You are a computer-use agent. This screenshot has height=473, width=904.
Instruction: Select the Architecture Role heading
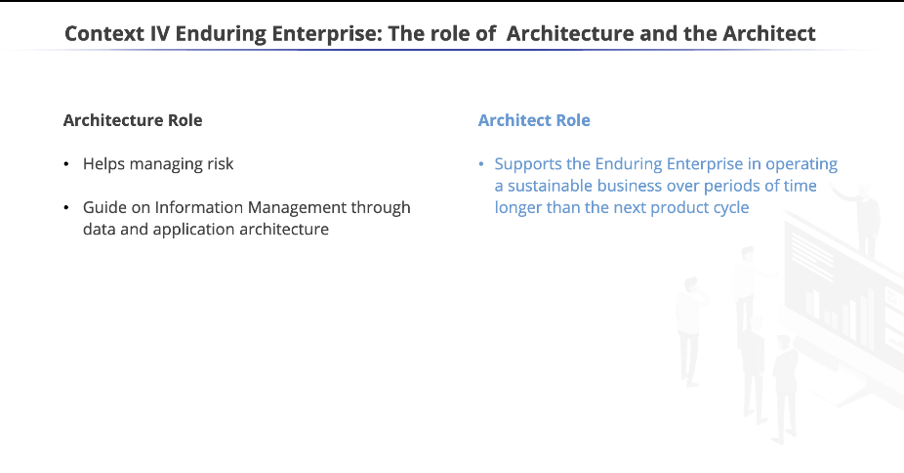pyautogui.click(x=133, y=120)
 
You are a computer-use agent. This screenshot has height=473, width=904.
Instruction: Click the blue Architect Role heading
pyautogui.click(x=534, y=120)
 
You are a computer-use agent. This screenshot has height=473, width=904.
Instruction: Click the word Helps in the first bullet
pyautogui.click(x=103, y=164)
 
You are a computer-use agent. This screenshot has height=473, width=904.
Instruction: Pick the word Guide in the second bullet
pyautogui.click(x=104, y=207)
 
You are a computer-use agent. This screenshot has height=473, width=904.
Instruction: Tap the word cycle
pyautogui.click(x=729, y=207)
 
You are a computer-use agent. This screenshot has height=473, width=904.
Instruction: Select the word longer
pyautogui.click(x=517, y=207)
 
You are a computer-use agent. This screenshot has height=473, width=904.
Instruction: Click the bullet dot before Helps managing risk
pyautogui.click(x=66, y=165)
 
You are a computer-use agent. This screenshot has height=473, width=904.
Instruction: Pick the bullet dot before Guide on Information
pyautogui.click(x=66, y=208)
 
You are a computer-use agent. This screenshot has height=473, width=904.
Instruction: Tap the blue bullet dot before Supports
pyautogui.click(x=481, y=165)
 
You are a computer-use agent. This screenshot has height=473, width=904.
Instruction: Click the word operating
pyautogui.click(x=803, y=164)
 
